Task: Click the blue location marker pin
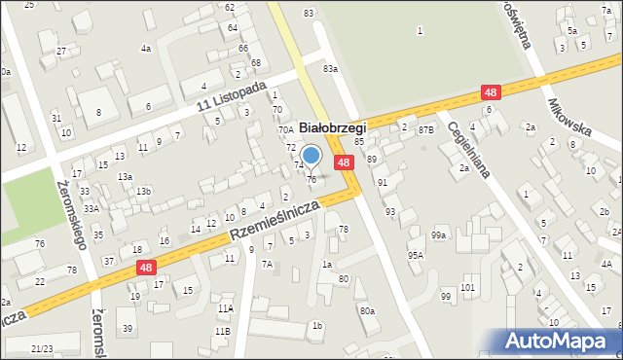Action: tap(311, 156)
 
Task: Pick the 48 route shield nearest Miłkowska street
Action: tap(493, 92)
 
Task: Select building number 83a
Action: tap(331, 68)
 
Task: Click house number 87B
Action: tap(425, 129)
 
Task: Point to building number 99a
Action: tap(440, 235)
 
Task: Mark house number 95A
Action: tap(416, 255)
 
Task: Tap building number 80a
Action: tap(366, 310)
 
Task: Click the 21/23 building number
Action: tap(42, 347)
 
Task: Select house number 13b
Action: tap(143, 191)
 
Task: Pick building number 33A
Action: tap(92, 208)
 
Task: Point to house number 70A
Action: tap(285, 129)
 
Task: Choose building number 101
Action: tap(467, 288)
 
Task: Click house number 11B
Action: tap(223, 332)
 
